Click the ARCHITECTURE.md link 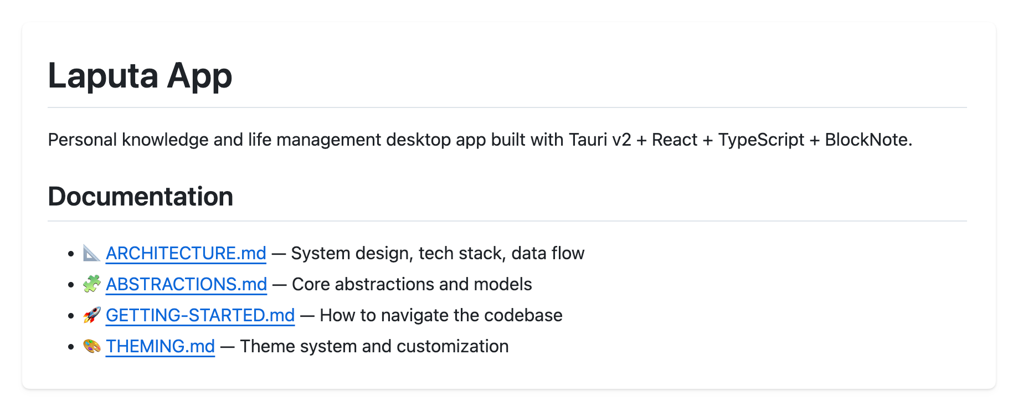point(186,253)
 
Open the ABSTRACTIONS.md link point(186,284)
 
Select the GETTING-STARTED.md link point(200,315)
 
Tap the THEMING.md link point(160,346)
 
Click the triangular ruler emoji point(91,253)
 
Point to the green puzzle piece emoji point(91,284)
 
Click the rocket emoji point(91,315)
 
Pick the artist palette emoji point(91,346)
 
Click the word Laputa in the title point(103,76)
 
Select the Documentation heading point(140,197)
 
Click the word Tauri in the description point(588,140)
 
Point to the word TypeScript point(761,140)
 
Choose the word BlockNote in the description point(868,140)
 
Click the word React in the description point(674,140)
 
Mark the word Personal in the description point(82,140)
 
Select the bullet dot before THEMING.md point(70,347)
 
